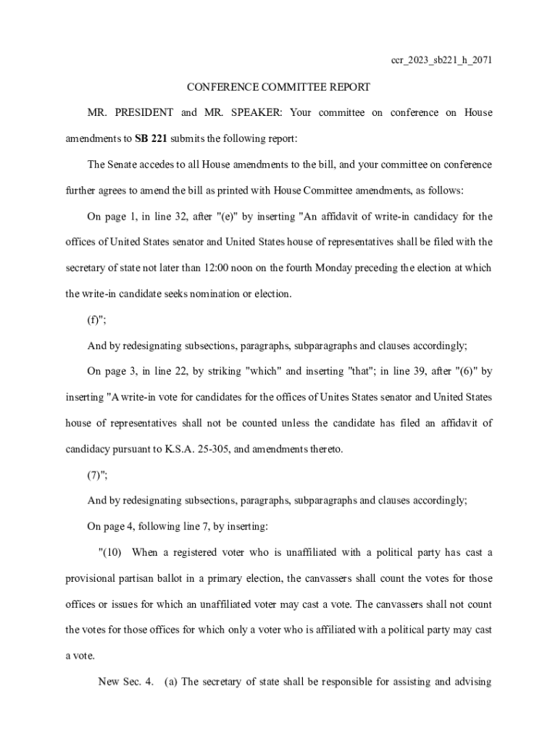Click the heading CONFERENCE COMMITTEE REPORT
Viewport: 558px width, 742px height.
tap(278, 87)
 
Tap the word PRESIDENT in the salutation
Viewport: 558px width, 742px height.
tap(143, 112)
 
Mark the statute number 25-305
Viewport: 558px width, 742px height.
tap(207, 449)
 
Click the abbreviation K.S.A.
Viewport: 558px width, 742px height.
tap(172, 449)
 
